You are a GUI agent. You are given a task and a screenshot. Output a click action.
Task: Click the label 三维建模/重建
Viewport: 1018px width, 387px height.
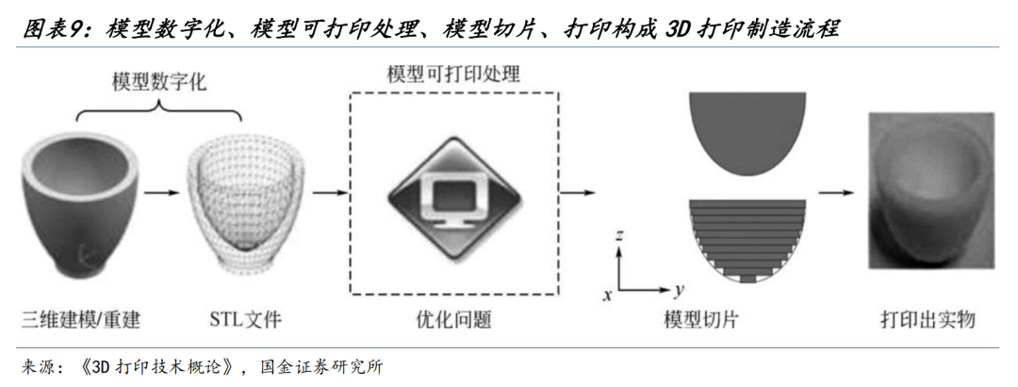tap(79, 319)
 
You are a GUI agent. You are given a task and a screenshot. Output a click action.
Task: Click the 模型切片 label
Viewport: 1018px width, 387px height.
tap(700, 319)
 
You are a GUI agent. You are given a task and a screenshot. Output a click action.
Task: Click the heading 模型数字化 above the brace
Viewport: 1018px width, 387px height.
tap(155, 83)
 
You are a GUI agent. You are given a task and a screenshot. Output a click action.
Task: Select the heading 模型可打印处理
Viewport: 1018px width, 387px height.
tap(453, 74)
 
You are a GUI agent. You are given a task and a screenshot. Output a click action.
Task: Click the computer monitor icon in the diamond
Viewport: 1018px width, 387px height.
tap(454, 194)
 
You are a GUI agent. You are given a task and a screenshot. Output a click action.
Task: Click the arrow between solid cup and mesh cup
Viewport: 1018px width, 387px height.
tap(166, 193)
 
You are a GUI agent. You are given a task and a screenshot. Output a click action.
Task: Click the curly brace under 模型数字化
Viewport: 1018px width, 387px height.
tap(156, 115)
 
